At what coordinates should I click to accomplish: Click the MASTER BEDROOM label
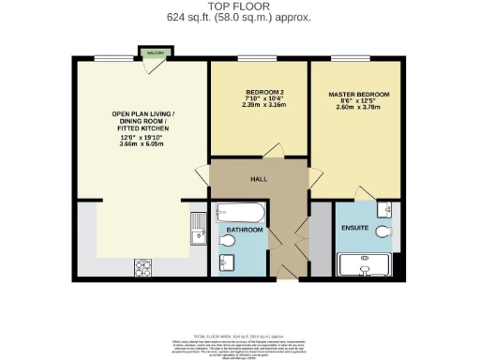pyautogui.click(x=358, y=96)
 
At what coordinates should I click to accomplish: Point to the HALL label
pyautogui.click(x=259, y=178)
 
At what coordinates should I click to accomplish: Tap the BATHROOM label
pyautogui.click(x=244, y=228)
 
